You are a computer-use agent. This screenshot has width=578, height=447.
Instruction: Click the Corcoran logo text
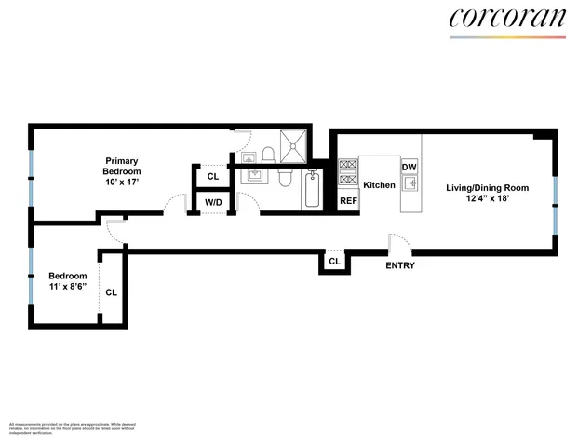pyautogui.click(x=507, y=19)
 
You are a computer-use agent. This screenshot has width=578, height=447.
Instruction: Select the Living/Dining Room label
pyautogui.click(x=478, y=188)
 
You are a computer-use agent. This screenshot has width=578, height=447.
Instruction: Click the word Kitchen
pyautogui.click(x=379, y=185)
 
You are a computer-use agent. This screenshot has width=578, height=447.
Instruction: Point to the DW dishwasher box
pyautogui.click(x=409, y=168)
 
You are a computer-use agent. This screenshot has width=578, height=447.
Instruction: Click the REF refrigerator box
pyautogui.click(x=348, y=200)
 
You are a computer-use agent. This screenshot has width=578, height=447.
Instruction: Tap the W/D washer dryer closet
pyautogui.click(x=213, y=201)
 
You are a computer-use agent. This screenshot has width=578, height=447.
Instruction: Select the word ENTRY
pyautogui.click(x=400, y=265)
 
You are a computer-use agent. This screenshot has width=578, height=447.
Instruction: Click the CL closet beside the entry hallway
pyautogui.click(x=334, y=263)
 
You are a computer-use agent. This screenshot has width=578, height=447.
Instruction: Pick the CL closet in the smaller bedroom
pyautogui.click(x=112, y=291)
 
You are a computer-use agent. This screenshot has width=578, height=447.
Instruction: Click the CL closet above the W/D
pyautogui.click(x=213, y=176)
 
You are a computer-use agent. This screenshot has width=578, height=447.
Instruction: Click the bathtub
pyautogui.click(x=313, y=191)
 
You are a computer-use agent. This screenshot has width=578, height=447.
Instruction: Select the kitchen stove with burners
pyautogui.click(x=348, y=175)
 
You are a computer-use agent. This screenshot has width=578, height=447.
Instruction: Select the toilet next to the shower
pyautogui.click(x=266, y=155)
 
